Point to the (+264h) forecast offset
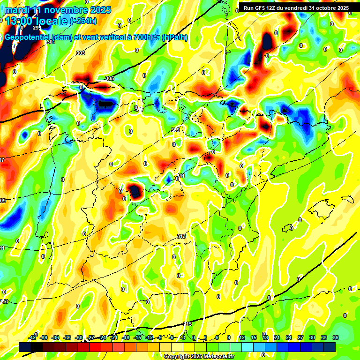pos(84,21)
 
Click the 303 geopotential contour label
pos(80,53)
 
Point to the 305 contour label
pos(110,78)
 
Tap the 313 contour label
pos(181,236)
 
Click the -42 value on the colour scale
pos(32,338)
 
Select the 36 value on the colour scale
pos(335,338)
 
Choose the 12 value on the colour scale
pos(242,338)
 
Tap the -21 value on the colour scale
pos(114,338)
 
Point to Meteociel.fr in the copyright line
pos(218,357)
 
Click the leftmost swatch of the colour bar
pos(25,347)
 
